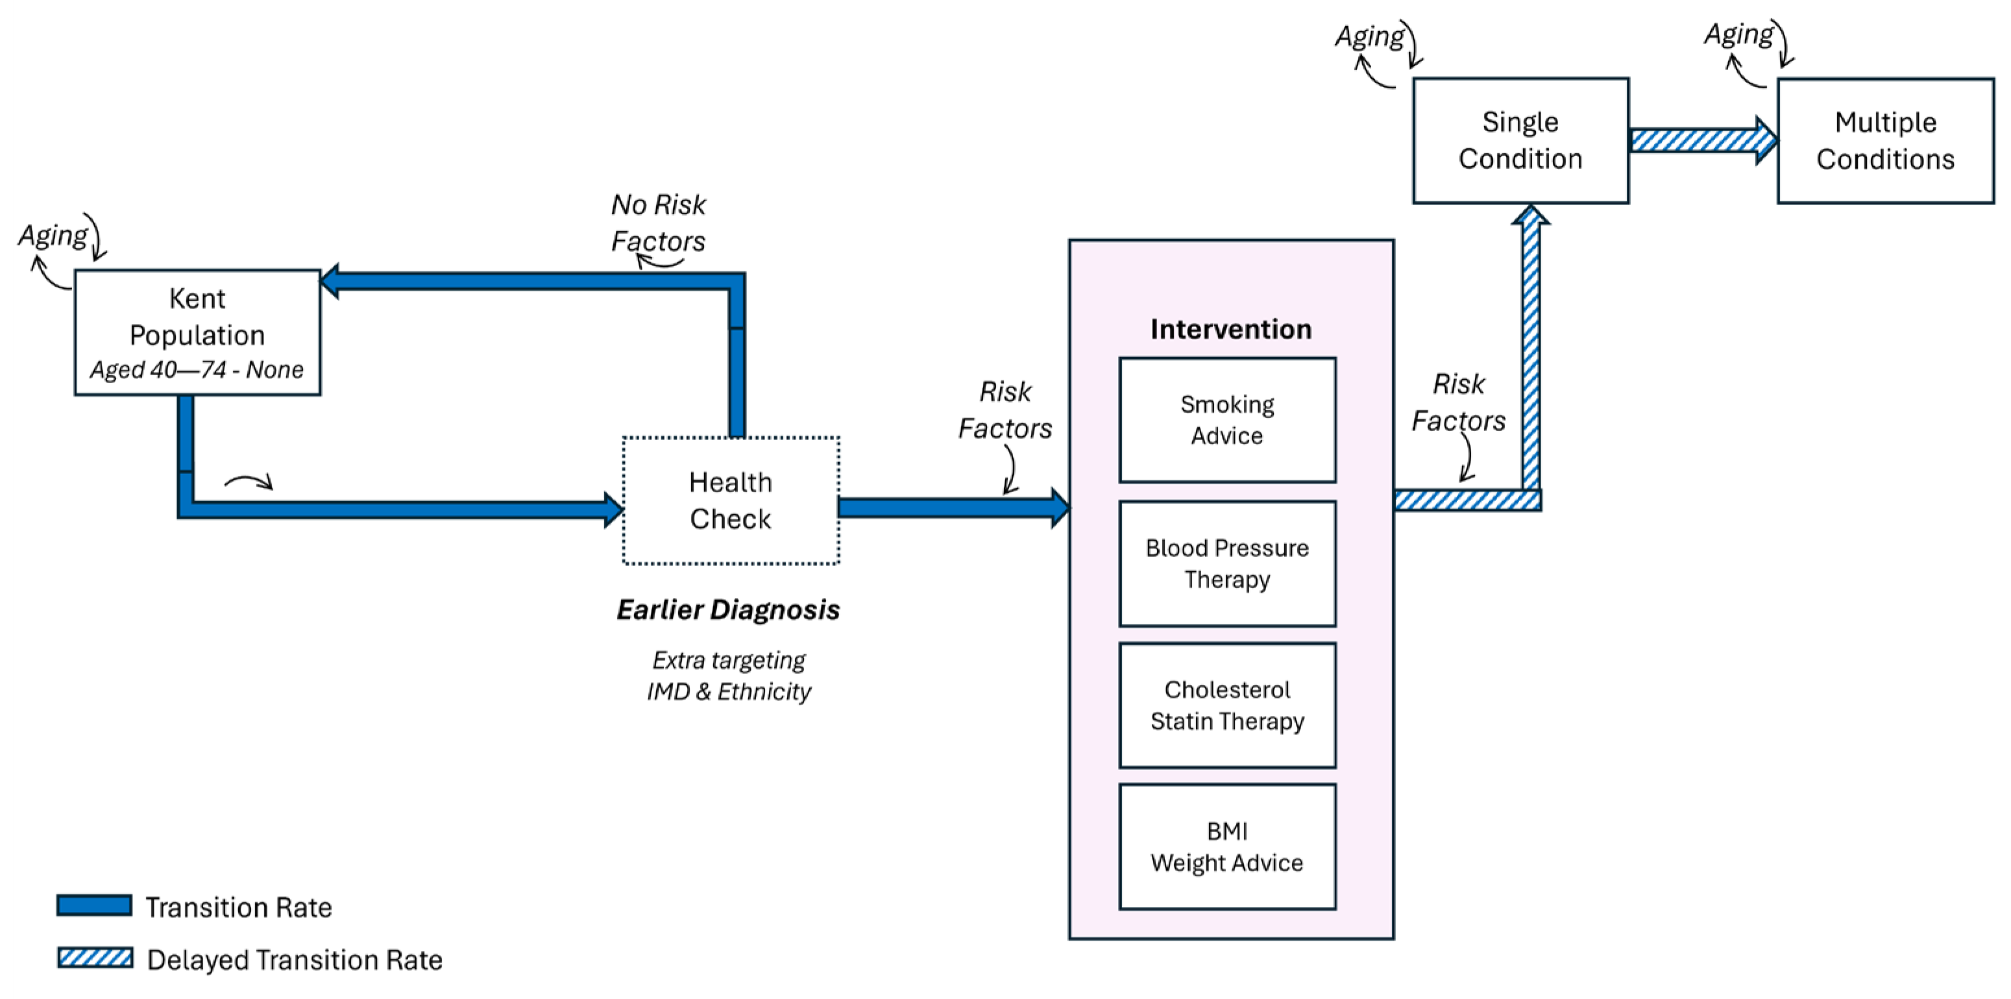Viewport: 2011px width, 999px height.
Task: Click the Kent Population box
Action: [x=197, y=332]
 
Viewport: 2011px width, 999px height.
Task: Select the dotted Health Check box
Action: [x=731, y=500]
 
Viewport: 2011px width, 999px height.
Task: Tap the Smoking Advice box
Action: [x=1227, y=419]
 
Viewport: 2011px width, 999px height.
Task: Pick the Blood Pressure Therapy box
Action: [x=1227, y=563]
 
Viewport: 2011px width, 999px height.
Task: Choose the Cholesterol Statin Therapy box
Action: [x=1227, y=706]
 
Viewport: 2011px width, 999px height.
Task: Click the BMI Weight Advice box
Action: [x=1227, y=846]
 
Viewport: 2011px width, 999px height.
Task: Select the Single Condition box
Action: [x=1520, y=141]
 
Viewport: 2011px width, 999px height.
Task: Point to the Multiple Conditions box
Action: [x=1885, y=141]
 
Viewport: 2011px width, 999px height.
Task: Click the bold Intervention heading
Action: [x=1230, y=329]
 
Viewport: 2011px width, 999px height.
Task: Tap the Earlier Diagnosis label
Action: [x=727, y=610]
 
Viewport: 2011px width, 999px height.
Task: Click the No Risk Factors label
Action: [x=658, y=223]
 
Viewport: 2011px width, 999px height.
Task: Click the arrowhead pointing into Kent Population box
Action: [x=330, y=281]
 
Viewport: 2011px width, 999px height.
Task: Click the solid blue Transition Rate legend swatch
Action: [x=95, y=906]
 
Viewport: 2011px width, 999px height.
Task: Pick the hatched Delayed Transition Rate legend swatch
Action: [x=95, y=957]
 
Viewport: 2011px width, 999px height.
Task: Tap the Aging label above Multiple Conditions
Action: [x=1738, y=34]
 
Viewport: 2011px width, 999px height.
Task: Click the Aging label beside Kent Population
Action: [x=53, y=235]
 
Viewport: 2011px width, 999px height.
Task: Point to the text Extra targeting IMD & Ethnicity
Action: [x=728, y=676]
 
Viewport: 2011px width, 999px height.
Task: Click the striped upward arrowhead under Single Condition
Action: [x=1531, y=216]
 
